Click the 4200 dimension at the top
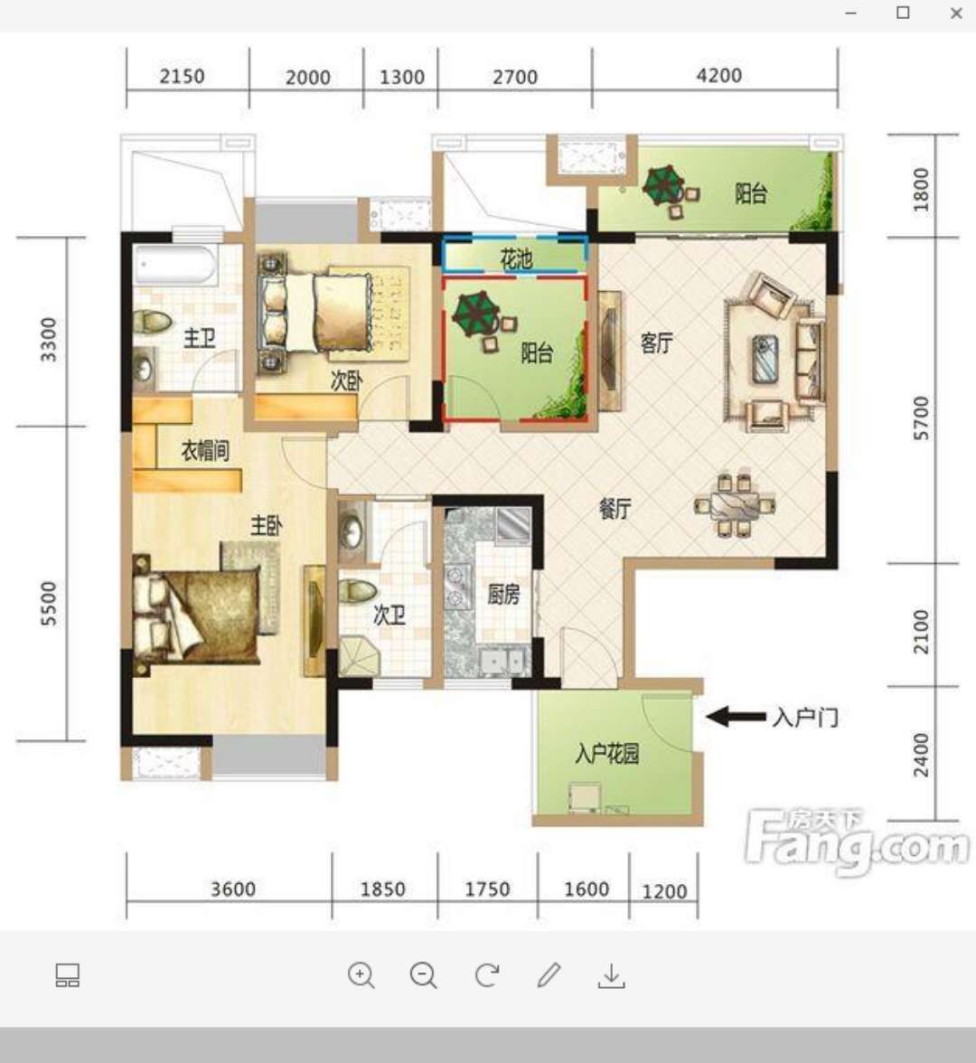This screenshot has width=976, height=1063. click(x=719, y=74)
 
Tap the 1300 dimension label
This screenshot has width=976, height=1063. click(x=402, y=77)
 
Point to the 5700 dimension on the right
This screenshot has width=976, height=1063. click(x=921, y=419)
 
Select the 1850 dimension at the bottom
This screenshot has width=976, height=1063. click(x=383, y=889)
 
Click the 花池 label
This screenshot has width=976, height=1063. click(x=517, y=259)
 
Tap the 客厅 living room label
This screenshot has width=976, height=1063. click(x=657, y=343)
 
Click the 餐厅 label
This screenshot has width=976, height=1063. click(x=615, y=508)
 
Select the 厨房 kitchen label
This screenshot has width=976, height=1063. click(x=503, y=595)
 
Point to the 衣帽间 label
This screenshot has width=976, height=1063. click(x=204, y=450)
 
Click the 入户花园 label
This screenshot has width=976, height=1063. click(x=607, y=753)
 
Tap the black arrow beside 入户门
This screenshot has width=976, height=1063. click(x=736, y=717)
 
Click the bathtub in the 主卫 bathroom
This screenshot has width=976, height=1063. click(x=175, y=264)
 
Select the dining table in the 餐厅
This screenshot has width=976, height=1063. click(x=735, y=505)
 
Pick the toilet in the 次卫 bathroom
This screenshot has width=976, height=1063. click(x=357, y=590)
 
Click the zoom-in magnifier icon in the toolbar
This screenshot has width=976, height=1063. click(x=361, y=975)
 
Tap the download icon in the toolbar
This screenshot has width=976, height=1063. click(x=611, y=975)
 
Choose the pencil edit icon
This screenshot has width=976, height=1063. click(x=549, y=974)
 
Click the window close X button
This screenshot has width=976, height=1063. click(x=956, y=13)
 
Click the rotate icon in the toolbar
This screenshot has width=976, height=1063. click(x=486, y=975)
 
